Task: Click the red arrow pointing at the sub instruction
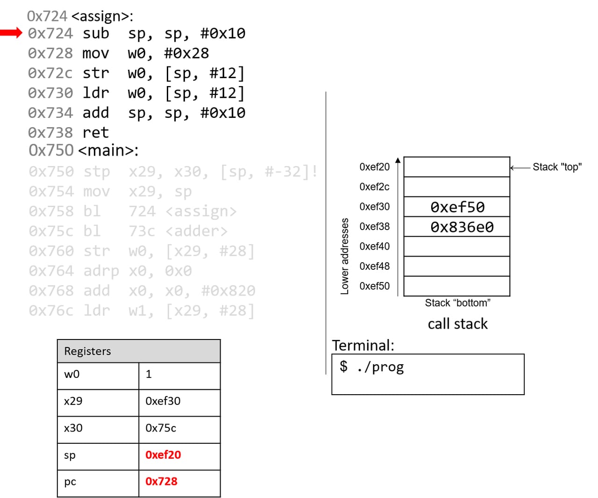(x=11, y=33)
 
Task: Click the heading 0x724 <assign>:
(x=80, y=16)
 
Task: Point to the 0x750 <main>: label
(x=83, y=150)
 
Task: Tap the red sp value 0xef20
(x=163, y=455)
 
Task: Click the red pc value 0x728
(x=161, y=481)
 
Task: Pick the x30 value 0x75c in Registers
(x=161, y=428)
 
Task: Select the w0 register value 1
(x=149, y=374)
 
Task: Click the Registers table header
(x=138, y=351)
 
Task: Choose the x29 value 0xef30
(x=163, y=401)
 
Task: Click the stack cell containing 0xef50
(x=457, y=207)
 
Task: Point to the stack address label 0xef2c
(x=374, y=187)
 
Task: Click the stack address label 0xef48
(x=374, y=266)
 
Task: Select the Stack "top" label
(x=557, y=167)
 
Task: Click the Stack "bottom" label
(x=457, y=303)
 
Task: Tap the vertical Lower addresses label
(x=345, y=256)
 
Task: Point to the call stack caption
(x=457, y=324)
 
